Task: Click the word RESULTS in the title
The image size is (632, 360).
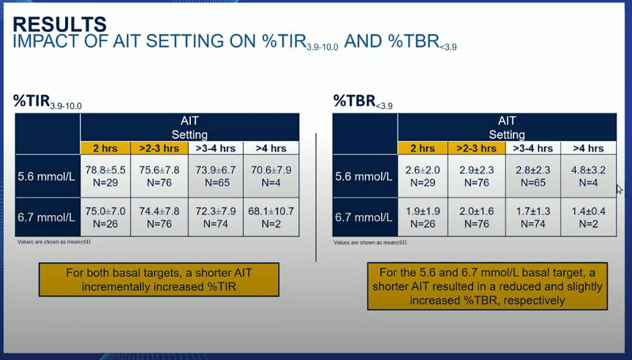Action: click(60, 25)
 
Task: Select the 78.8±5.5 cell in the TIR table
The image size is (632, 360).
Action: click(105, 176)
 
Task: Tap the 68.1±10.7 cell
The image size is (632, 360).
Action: click(271, 217)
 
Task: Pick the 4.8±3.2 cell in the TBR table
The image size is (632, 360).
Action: click(588, 176)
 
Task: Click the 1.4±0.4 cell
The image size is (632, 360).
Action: click(588, 217)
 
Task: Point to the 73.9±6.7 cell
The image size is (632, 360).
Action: click(216, 176)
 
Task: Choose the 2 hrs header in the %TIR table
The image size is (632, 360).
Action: click(105, 149)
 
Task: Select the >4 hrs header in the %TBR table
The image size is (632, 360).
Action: click(588, 149)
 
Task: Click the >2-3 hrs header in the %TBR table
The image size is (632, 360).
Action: click(476, 149)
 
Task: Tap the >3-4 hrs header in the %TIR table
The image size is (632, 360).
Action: click(216, 149)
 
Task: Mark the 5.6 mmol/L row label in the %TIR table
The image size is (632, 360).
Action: click(46, 176)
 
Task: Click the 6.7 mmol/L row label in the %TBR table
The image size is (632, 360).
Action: click(364, 218)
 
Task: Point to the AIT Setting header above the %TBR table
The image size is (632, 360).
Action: click(507, 127)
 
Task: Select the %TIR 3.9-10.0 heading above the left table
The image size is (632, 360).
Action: click(47, 102)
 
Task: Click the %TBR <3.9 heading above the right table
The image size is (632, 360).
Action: click(363, 102)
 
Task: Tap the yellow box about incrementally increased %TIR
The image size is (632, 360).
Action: click(159, 280)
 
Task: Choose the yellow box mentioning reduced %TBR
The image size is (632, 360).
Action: click(487, 286)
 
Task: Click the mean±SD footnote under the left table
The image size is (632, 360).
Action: click(54, 242)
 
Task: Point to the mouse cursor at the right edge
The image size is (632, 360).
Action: click(620, 190)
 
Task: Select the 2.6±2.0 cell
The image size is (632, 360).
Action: click(422, 176)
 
